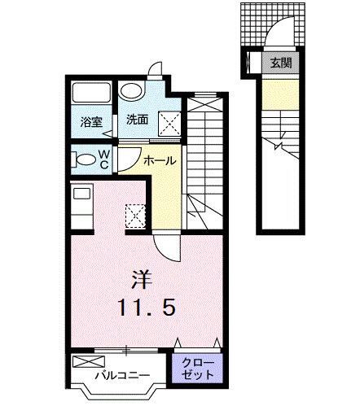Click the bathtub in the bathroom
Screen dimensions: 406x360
tap(91, 94)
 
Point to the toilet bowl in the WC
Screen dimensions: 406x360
tap(81, 158)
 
